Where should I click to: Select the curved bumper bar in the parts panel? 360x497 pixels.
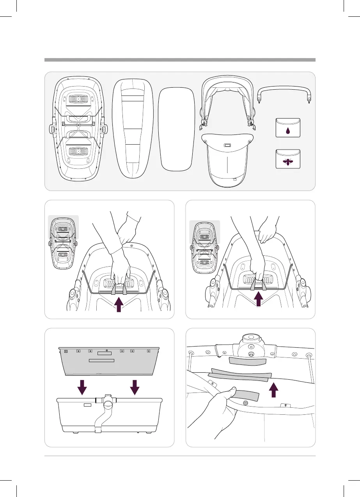tap(284, 91)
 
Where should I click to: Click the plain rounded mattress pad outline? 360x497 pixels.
tap(177, 129)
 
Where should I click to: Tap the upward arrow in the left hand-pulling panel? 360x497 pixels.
tap(119, 304)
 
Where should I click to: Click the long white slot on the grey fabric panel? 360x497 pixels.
tap(101, 361)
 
